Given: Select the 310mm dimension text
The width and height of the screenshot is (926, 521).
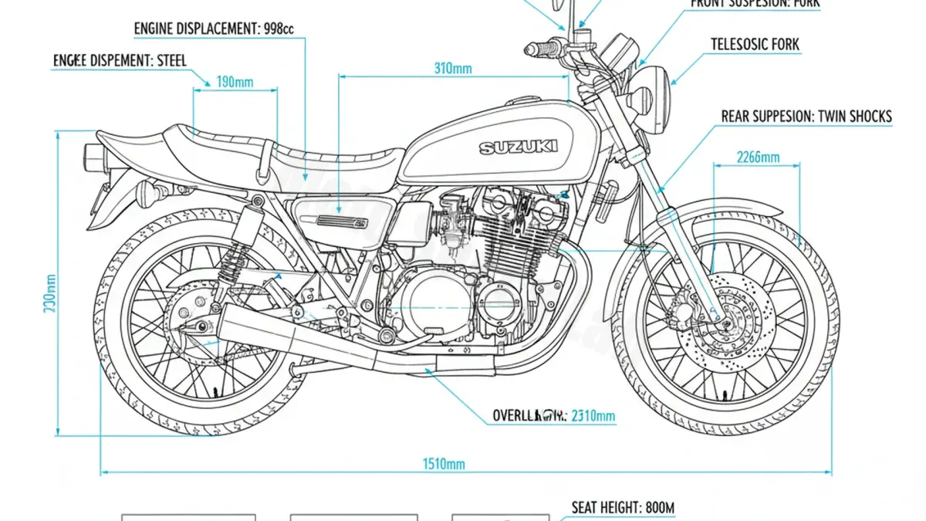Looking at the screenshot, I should pos(453,68).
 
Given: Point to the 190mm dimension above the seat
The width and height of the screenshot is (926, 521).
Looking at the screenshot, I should pos(235,82).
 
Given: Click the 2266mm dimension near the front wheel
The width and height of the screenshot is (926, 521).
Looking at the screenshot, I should pos(758,157).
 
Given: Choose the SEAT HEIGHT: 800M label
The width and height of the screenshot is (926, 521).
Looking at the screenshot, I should pos(623,507).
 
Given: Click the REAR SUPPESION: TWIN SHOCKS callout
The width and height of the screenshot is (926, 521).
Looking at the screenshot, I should pos(806,117).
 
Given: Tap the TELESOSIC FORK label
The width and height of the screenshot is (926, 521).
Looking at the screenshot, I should pos(755,45).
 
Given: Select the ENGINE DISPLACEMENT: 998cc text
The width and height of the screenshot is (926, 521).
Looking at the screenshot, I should pos(214,29).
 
